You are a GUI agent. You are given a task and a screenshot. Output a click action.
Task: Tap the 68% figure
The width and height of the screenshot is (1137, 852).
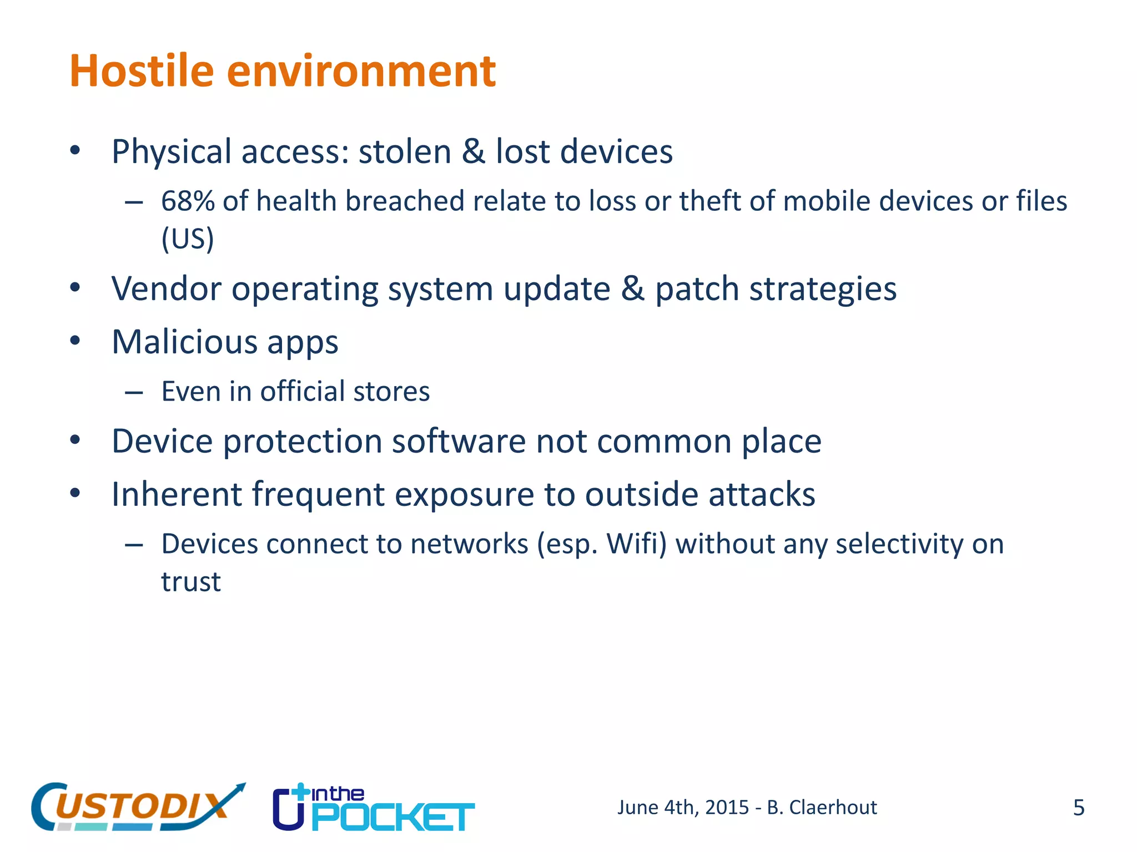point(188,201)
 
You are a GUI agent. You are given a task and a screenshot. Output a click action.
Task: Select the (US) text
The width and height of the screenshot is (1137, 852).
point(188,239)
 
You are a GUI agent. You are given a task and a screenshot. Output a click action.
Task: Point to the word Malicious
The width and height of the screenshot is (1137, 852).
point(184,342)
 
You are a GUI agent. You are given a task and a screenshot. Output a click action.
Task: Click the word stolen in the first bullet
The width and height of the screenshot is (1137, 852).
point(405,151)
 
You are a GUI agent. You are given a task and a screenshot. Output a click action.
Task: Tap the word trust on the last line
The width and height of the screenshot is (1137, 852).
point(191,581)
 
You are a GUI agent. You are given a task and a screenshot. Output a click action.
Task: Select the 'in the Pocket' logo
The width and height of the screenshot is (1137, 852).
point(374,808)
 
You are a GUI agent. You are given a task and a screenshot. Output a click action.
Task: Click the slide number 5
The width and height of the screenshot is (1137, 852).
point(1078,808)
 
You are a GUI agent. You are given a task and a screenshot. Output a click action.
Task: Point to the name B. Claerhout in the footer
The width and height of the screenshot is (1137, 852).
point(822,808)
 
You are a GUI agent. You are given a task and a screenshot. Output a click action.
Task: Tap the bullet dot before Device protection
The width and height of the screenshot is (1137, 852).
point(76,441)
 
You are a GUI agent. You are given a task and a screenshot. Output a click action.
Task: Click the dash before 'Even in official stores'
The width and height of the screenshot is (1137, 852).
point(134,393)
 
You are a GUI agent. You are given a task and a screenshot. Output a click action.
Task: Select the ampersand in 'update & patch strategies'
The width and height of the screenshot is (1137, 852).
point(632,289)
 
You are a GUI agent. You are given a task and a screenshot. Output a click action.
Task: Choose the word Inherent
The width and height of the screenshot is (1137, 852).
point(177,494)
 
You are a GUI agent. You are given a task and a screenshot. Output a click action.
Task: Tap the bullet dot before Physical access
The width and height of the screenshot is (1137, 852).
point(76,151)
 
